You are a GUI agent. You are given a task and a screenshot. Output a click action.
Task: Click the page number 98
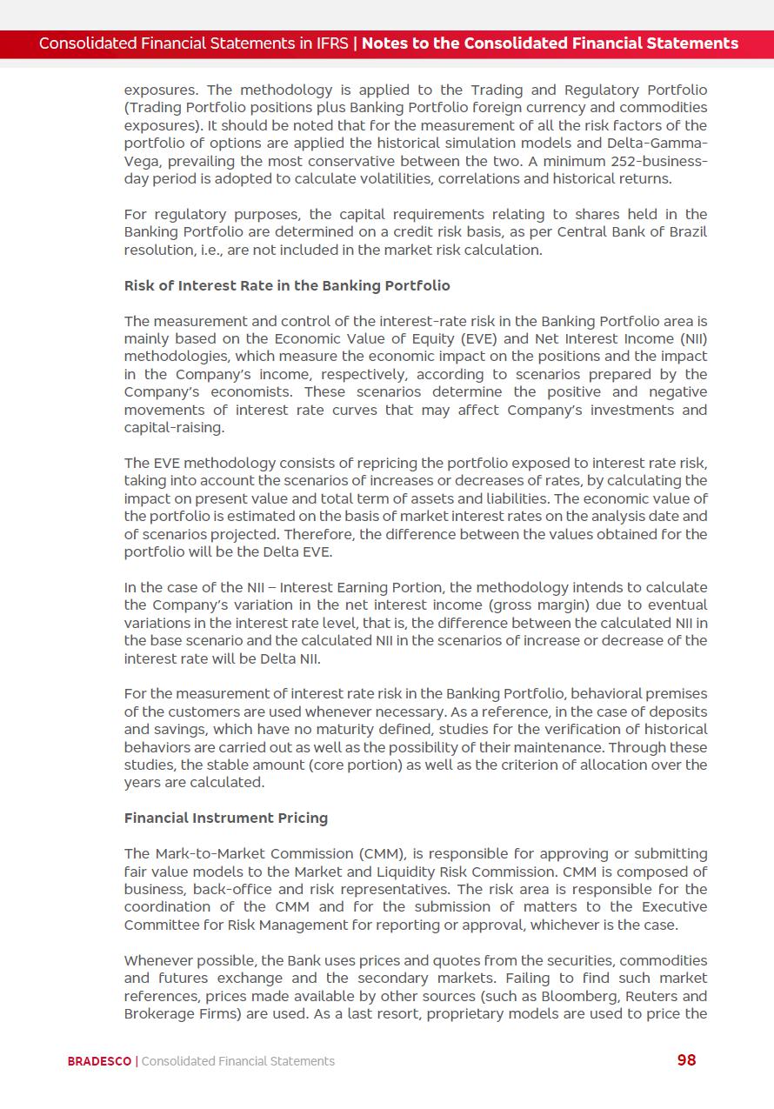[686, 1059]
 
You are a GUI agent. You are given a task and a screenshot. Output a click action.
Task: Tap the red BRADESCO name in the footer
[99, 1061]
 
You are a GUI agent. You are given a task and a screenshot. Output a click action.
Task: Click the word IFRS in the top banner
[330, 43]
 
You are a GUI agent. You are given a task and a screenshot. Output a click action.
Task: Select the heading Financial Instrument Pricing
[226, 818]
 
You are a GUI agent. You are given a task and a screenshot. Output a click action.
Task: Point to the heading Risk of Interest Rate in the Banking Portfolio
[287, 285]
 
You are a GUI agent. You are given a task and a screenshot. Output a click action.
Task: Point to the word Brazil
[687, 232]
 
